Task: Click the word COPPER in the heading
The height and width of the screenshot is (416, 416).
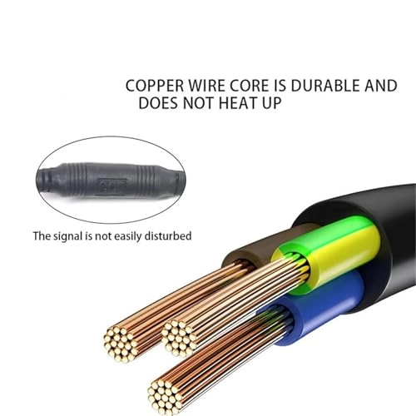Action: click(155, 86)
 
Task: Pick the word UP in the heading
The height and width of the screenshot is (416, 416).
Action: click(272, 103)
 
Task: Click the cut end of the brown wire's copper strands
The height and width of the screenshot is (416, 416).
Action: click(121, 344)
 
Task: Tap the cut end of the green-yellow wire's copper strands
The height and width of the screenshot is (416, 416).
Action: click(178, 338)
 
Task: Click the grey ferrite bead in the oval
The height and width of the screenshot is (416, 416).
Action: click(111, 181)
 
